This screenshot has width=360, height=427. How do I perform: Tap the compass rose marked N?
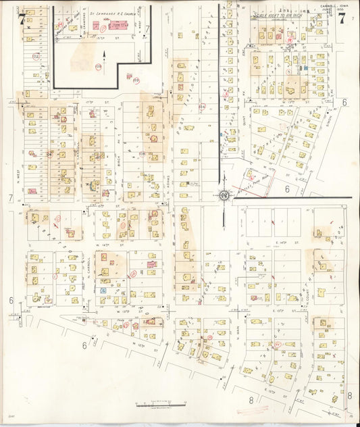pos(224,196)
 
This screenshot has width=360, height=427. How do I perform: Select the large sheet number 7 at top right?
pos(342,19)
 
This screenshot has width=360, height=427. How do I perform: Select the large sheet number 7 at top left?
pos(23,19)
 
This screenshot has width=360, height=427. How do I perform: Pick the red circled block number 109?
pos(99,66)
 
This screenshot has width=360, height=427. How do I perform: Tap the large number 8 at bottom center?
pos(250,400)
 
